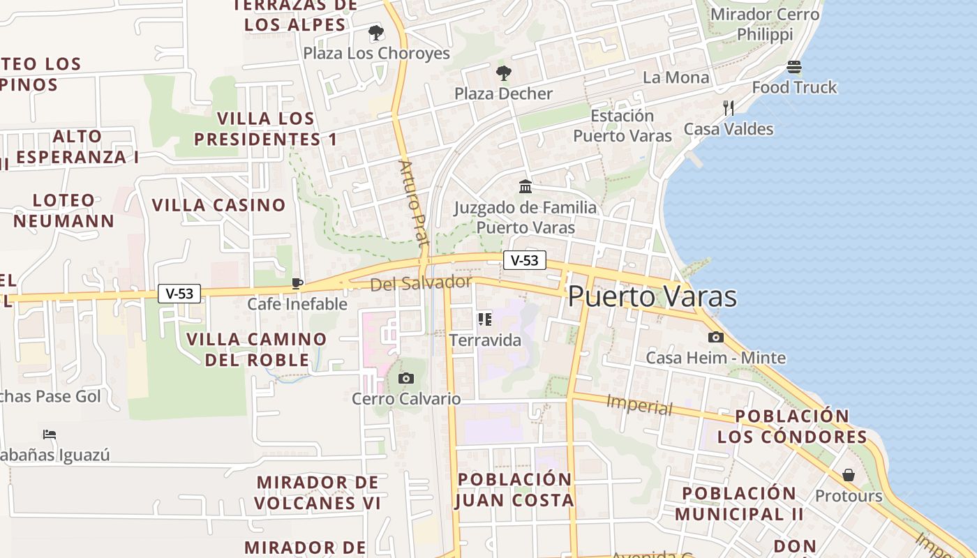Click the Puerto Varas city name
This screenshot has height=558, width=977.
pos(652,296)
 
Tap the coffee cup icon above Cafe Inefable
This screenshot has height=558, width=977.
pos(297,283)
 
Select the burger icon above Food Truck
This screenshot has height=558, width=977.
pos(794,67)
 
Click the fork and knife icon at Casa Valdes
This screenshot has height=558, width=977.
pos(729,108)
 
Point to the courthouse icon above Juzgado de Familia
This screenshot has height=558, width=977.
pos(525,186)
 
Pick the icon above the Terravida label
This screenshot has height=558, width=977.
pos(485,319)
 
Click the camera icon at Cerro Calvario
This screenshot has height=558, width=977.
pos(405,378)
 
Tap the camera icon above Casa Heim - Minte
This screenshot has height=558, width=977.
pos(715,338)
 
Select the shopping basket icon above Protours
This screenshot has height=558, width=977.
pos(849,475)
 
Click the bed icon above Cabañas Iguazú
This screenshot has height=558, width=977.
pos(49,434)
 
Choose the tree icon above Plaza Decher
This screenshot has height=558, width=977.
pos(503,73)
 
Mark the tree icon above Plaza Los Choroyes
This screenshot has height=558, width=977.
pos(376,32)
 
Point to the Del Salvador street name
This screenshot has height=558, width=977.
pos(421,283)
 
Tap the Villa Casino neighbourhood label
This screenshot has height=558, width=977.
pos(219,205)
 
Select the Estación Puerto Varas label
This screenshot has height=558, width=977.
pos(622,126)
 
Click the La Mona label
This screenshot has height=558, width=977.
pos(676,77)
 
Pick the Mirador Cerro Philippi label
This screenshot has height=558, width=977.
pos(765,24)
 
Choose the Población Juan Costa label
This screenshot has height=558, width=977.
pos(515,490)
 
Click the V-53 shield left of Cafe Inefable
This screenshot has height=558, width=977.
pos(179,294)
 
